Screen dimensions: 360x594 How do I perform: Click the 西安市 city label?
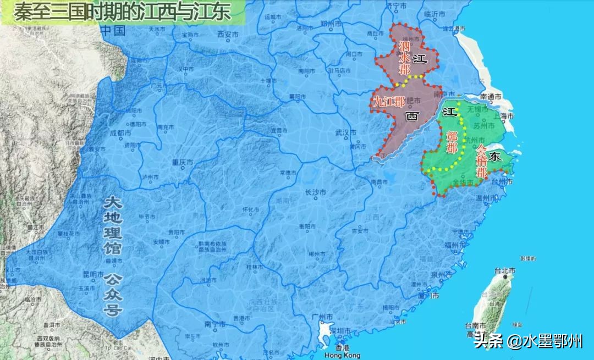(228, 34)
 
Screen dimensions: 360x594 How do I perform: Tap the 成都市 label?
(120, 133)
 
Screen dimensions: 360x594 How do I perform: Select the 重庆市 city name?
(183, 163)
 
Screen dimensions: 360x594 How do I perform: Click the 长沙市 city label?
(316, 193)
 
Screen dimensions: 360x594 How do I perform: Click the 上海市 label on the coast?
(503, 117)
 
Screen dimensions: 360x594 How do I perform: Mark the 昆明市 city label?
(93, 274)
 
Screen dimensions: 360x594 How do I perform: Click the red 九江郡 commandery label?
(389, 102)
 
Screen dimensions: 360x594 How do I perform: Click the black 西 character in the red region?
(411, 117)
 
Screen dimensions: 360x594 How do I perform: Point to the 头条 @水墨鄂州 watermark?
(528, 342)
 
